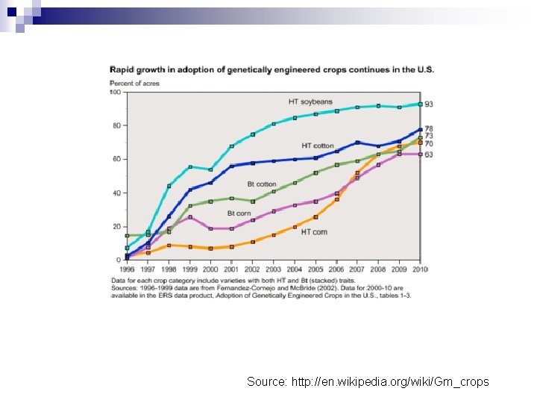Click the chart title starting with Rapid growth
click(272, 69)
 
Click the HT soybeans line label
click(310, 101)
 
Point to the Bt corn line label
click(239, 213)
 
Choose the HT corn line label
click(314, 232)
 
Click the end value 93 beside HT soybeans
click(430, 104)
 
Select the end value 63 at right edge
click(430, 154)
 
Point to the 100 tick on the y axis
click(116, 93)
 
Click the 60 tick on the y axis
click(117, 159)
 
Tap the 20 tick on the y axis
click(117, 226)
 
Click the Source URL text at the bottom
click(368, 381)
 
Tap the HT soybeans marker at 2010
click(421, 104)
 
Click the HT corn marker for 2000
click(211, 249)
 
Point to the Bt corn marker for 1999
click(190, 217)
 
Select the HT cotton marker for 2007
click(357, 142)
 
